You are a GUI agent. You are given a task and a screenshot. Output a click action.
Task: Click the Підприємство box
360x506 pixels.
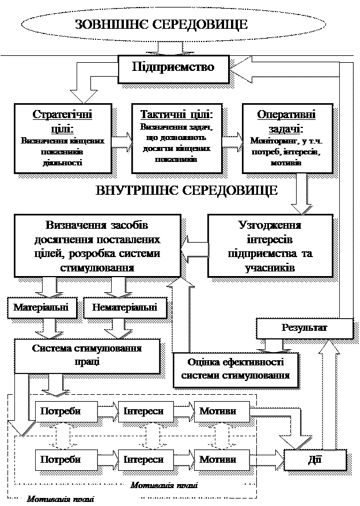pos(173,67)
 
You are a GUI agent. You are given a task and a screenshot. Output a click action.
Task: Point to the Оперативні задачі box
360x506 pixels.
pos(286,138)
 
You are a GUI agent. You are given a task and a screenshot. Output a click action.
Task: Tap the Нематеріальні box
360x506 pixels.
pos(124,307)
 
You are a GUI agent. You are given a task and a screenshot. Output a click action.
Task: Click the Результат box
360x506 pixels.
pos(304,328)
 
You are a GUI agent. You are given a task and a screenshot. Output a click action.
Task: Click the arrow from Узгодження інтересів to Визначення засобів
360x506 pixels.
pos(194,248)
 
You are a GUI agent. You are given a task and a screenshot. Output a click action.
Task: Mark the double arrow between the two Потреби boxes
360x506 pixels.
pos(64,436)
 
